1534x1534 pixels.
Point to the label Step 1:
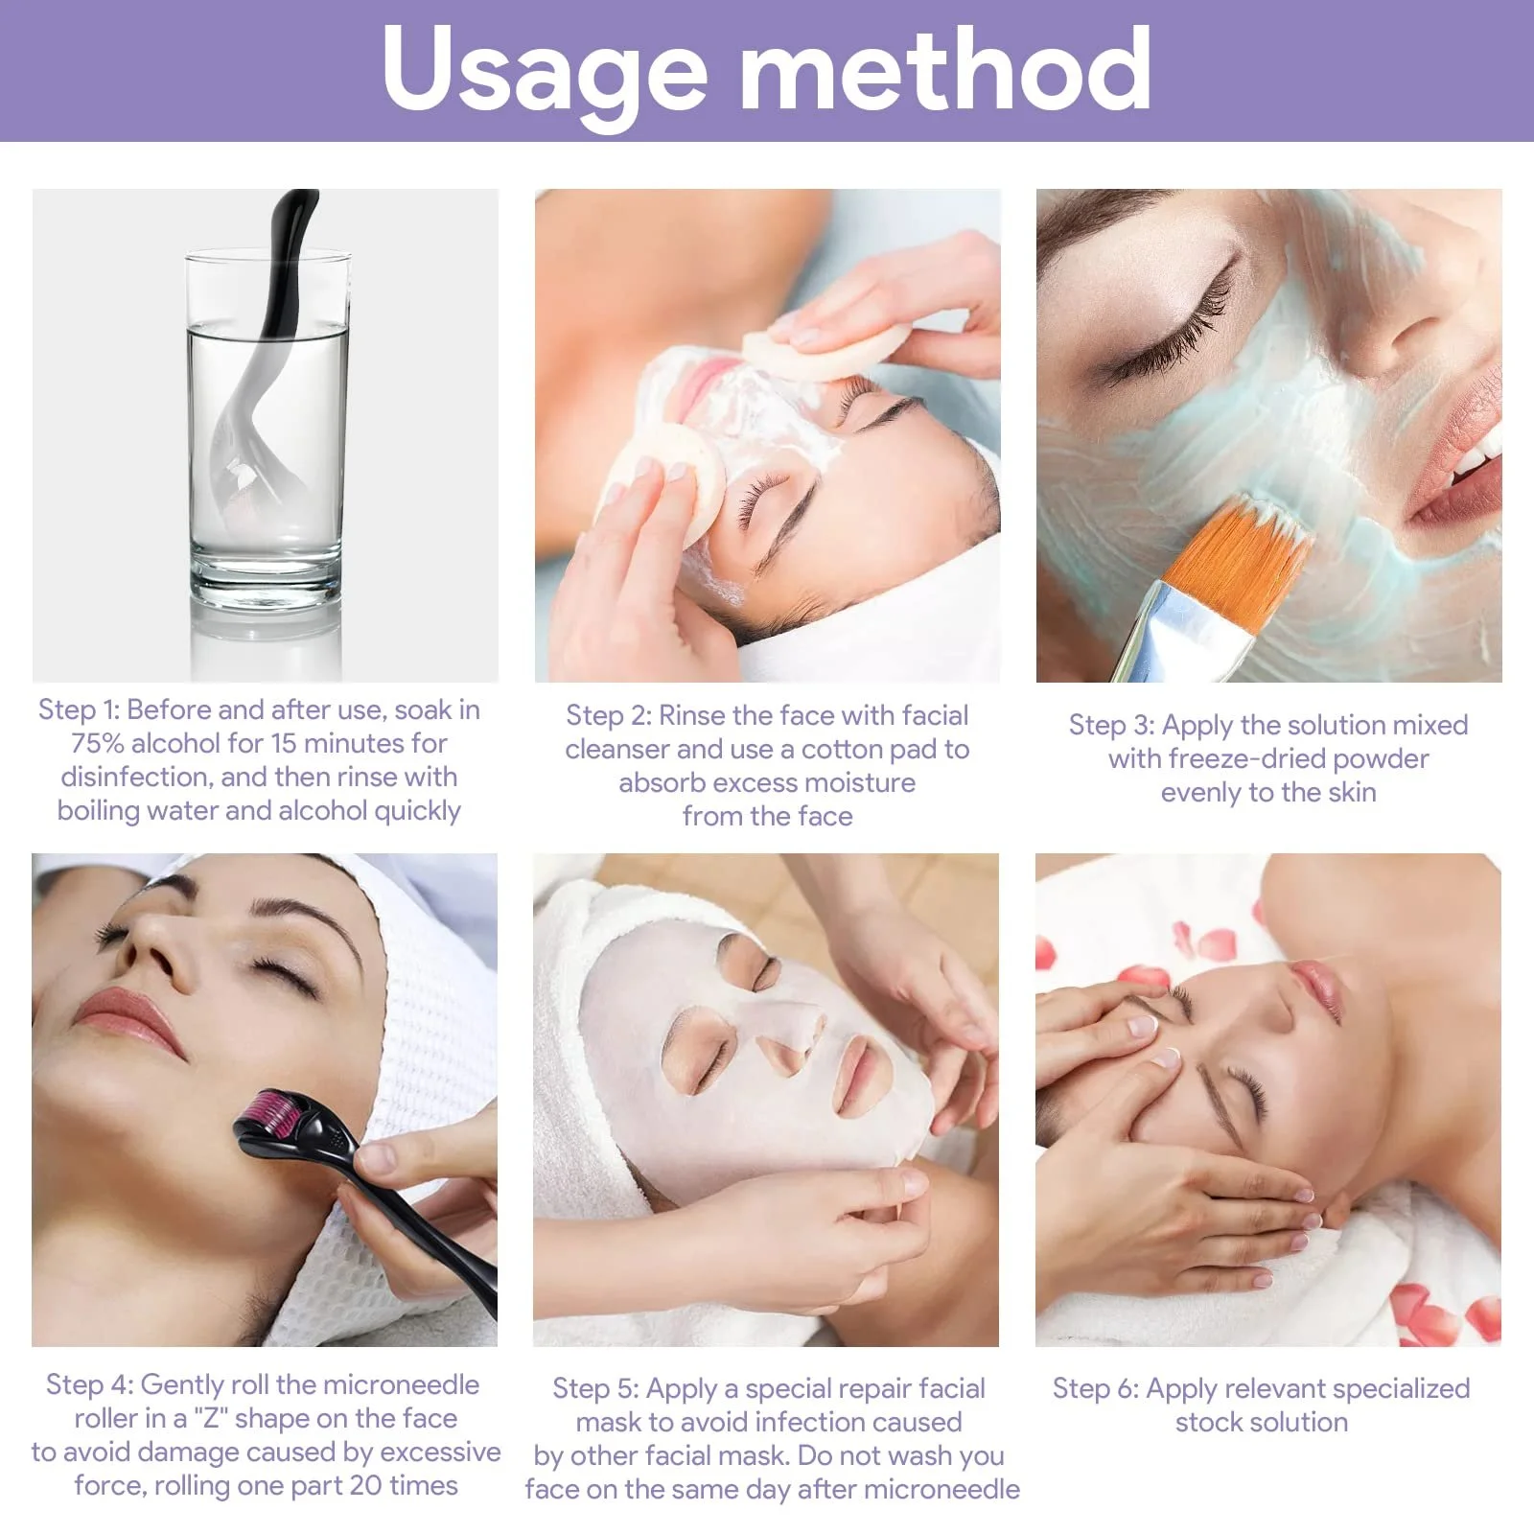pos(79,710)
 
